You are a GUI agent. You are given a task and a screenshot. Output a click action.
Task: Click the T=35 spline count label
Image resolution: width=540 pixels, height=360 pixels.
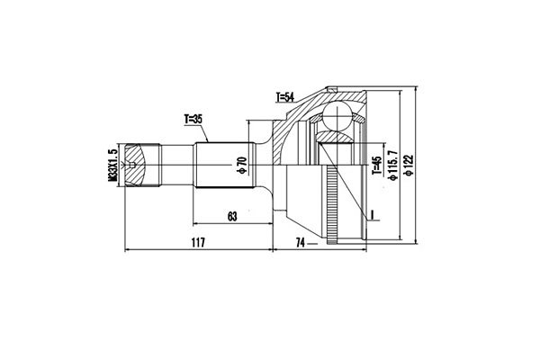click(194, 118)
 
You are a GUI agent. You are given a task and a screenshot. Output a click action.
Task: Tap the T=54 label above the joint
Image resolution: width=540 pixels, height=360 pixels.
click(287, 96)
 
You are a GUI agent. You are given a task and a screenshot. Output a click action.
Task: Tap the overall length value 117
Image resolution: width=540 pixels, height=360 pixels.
click(198, 242)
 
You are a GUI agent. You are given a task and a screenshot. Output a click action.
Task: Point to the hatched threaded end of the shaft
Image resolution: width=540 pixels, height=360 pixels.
click(136, 166)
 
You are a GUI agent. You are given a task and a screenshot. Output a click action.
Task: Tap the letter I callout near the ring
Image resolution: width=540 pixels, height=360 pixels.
click(369, 215)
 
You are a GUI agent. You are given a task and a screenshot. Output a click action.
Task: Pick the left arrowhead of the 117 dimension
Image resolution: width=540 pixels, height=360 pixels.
click(127, 248)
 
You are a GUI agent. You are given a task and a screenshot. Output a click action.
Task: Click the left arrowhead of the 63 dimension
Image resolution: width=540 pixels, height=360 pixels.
click(194, 222)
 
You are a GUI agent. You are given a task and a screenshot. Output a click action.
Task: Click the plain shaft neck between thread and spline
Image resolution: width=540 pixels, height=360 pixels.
click(173, 166)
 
